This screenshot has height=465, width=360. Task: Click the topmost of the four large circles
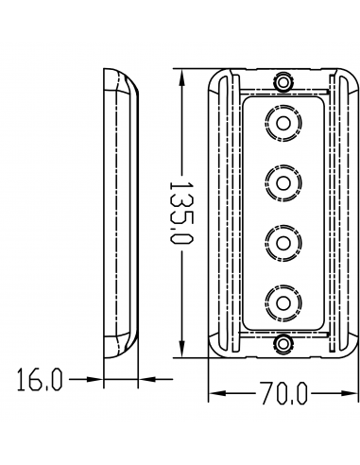click(x=283, y=123)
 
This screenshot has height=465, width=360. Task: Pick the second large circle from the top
click(x=283, y=181)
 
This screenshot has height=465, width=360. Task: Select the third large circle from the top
click(x=283, y=241)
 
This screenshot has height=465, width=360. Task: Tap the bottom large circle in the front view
click(x=283, y=301)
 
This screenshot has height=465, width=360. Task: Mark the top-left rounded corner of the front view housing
click(x=214, y=75)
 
